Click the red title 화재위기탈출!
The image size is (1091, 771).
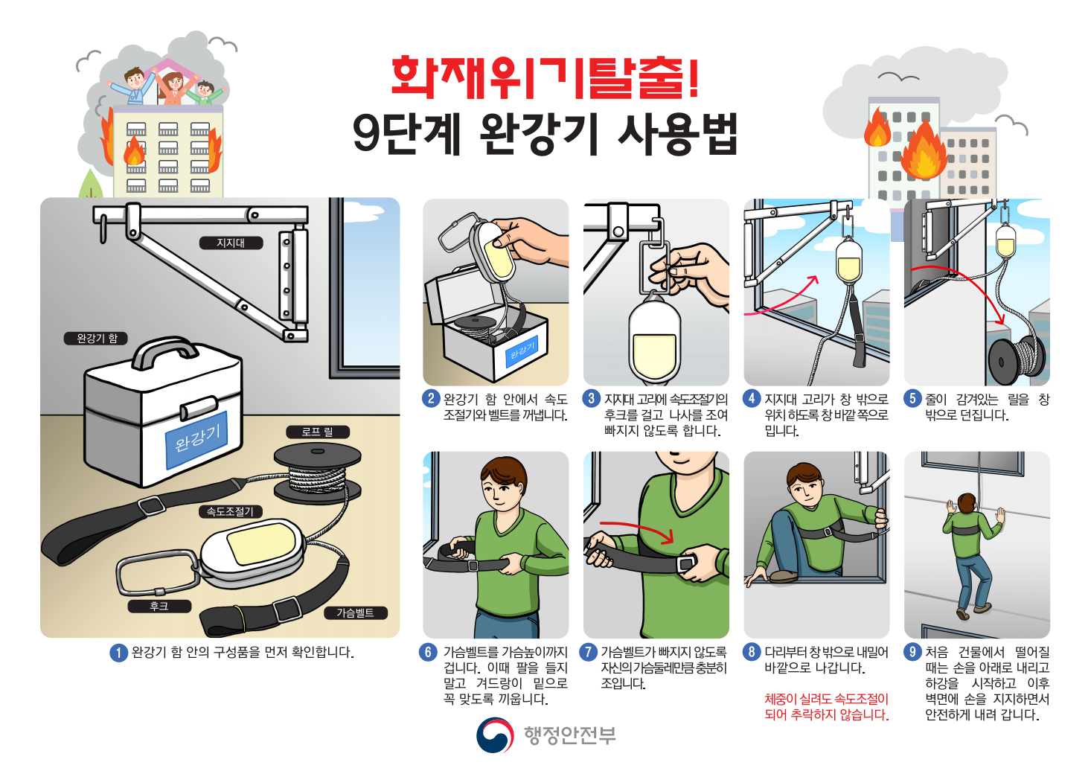click(545, 77)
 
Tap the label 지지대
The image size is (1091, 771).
click(231, 243)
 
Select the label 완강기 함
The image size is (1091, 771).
click(97, 339)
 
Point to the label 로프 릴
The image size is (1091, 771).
click(317, 432)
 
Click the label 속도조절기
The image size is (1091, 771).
click(230, 511)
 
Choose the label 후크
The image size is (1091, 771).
click(159, 607)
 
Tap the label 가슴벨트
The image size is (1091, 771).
click(356, 612)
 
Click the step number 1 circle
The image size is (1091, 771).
click(119, 653)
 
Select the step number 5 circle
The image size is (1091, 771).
click(912, 399)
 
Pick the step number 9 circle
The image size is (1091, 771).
click(912, 652)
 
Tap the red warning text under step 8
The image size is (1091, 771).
click(826, 707)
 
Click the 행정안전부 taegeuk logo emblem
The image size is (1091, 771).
click(495, 735)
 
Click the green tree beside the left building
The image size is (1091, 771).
click(92, 185)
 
